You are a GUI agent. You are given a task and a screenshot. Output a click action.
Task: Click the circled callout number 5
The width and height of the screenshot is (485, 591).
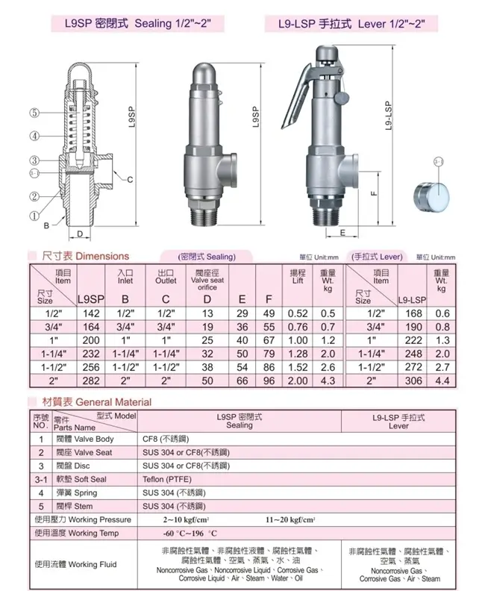(34, 113)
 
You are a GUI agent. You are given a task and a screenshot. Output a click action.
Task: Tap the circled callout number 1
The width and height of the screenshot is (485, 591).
(34, 216)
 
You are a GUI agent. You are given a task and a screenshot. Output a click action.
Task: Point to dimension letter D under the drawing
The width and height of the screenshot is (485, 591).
(80, 234)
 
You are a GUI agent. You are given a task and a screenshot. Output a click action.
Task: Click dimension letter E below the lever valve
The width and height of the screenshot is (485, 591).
(342, 233)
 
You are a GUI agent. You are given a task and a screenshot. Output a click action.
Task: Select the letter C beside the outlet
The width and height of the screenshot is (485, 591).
(130, 179)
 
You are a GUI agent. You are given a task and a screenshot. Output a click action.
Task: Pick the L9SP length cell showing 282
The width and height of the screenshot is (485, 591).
(91, 381)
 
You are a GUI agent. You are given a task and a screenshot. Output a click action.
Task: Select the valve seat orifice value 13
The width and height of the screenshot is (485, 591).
(207, 313)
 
